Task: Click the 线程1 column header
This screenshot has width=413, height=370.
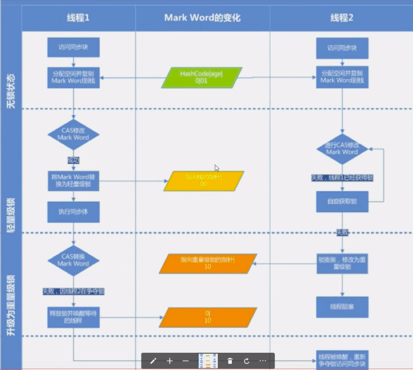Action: coord(78,18)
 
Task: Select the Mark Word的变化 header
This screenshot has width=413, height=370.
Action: coord(202,18)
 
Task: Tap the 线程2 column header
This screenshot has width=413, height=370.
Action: coord(342,18)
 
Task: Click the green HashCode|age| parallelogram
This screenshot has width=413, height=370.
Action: coord(202,77)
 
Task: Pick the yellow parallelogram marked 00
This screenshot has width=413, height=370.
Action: coord(203,181)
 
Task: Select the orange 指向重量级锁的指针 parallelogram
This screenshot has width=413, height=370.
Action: coord(208,263)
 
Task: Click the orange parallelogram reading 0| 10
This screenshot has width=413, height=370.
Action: coord(208,317)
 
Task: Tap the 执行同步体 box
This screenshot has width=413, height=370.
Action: coord(73,212)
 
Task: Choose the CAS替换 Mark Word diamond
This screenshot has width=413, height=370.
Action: coord(73,260)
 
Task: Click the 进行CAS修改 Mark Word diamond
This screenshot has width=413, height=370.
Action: coord(342,149)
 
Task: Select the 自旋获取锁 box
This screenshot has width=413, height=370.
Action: coord(342,202)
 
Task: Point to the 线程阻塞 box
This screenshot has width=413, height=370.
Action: coord(342,307)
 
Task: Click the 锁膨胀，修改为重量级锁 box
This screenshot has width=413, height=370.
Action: coord(342,263)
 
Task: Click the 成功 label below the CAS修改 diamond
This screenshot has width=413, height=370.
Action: coord(73,160)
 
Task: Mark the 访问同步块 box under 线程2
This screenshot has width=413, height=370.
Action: coord(342,48)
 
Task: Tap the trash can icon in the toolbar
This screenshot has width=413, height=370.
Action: coord(230,361)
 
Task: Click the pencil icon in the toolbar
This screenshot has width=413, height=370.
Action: coord(153,361)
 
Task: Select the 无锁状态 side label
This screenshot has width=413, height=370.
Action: coord(11,91)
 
